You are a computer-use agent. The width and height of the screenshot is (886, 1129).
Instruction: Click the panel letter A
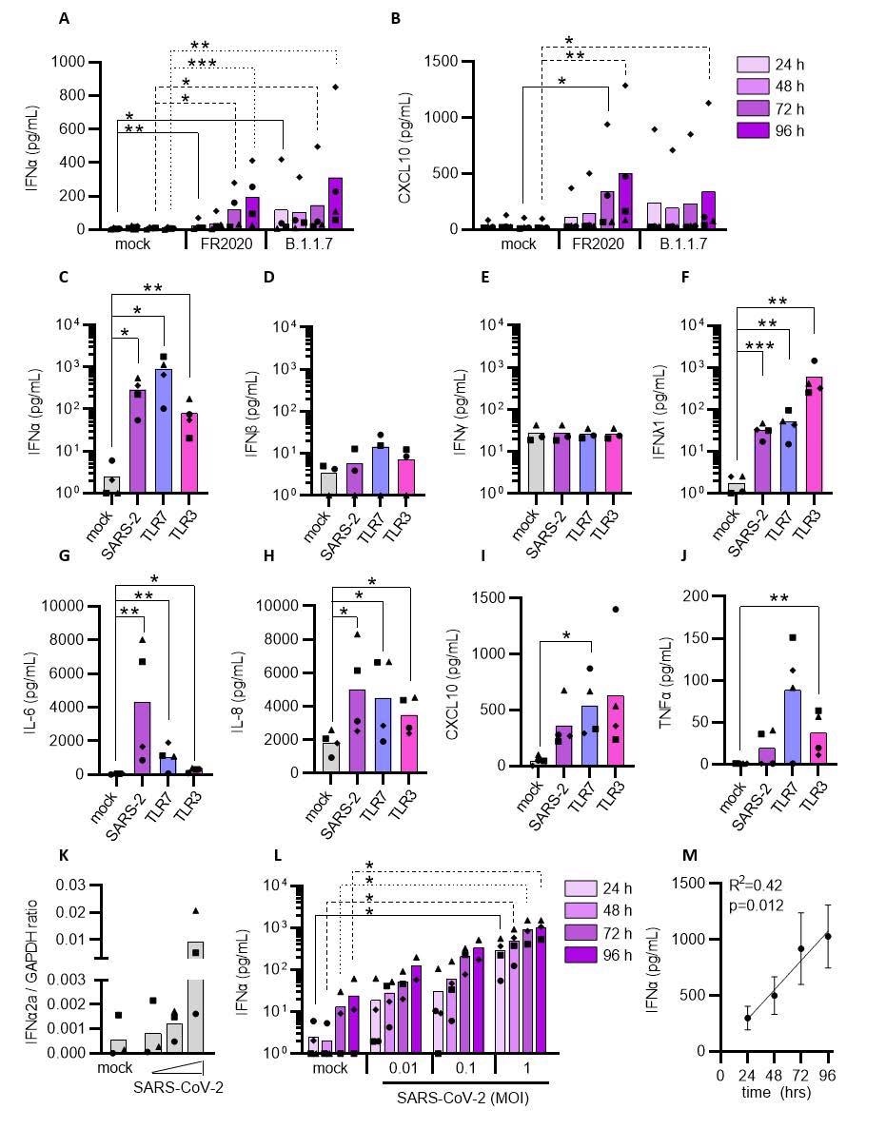click(x=64, y=18)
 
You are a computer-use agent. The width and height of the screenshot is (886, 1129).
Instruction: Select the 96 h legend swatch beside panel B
click(x=754, y=130)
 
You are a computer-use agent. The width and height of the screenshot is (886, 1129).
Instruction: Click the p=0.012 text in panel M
click(x=757, y=905)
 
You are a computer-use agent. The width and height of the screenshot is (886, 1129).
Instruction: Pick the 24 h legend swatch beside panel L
click(x=581, y=887)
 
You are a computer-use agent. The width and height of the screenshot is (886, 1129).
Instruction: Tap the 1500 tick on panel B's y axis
click(x=448, y=62)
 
